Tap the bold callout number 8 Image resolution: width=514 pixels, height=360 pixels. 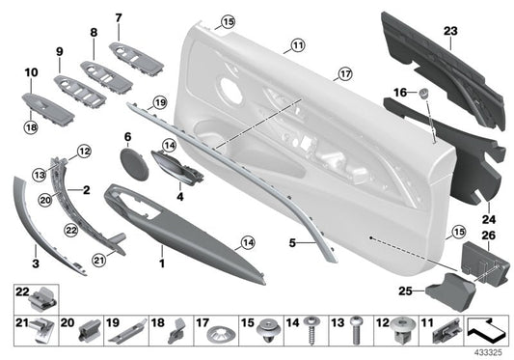coord(94,33)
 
